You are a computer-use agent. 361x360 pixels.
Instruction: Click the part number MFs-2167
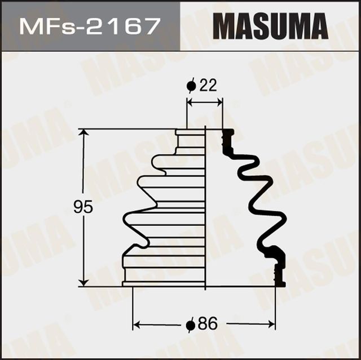click(90, 26)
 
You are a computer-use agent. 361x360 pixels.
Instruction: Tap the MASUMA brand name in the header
click(271, 26)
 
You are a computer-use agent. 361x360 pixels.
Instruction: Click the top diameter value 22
click(208, 85)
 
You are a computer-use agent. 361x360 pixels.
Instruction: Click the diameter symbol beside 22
click(191, 86)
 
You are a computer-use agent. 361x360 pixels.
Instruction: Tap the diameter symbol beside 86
click(191, 325)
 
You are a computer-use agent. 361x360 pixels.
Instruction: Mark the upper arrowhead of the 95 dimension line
click(85, 134)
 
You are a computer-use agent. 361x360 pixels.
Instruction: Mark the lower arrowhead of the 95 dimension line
click(85, 282)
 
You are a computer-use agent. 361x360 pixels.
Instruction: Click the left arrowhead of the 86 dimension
click(136, 325)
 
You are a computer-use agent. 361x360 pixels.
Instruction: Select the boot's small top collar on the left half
click(190, 133)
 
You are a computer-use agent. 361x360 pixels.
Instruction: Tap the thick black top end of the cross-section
click(228, 135)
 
